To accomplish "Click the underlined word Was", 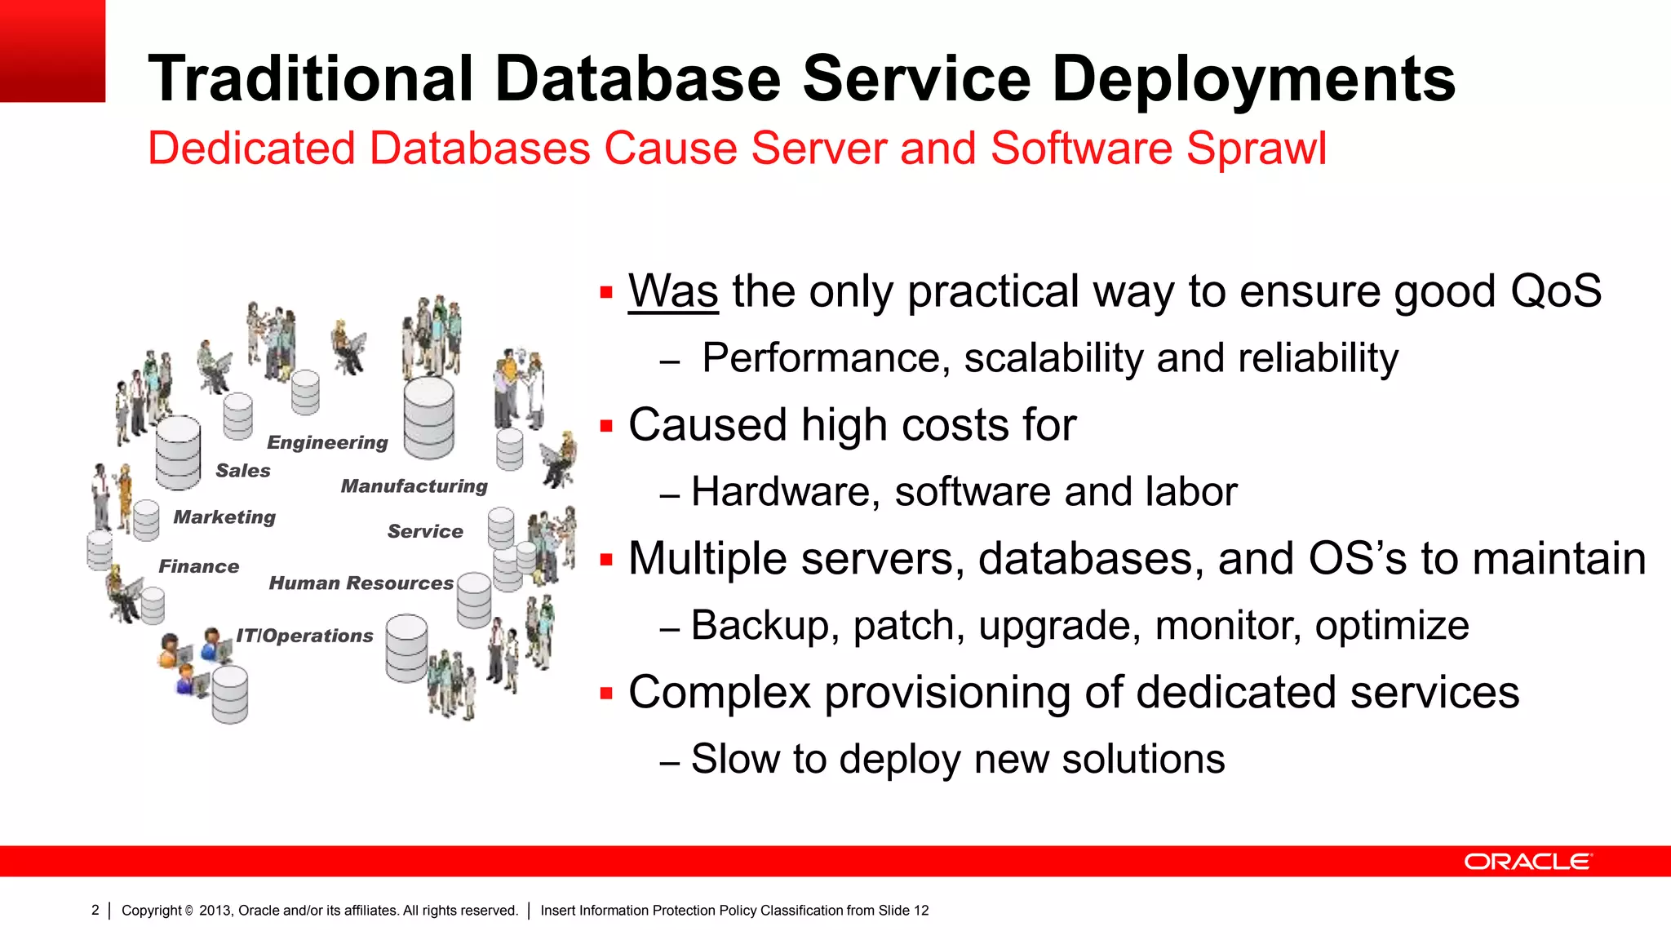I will tap(673, 292).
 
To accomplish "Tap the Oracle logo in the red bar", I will tap(1527, 862).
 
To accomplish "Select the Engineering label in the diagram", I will tap(327, 442).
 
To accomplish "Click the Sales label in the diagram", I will tap(243, 471).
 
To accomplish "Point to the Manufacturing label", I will tap(414, 486).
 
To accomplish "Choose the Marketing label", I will tap(224, 517).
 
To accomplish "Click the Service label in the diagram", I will tap(425, 532).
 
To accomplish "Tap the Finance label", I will tap(199, 566).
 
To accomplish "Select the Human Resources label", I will tap(361, 583).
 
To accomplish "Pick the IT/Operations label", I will tap(304, 636).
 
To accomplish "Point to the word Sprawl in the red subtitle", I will tap(1256, 149).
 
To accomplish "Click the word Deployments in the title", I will tap(1253, 79).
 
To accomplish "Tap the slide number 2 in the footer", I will tap(95, 910).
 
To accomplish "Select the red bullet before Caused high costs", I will tap(606, 426).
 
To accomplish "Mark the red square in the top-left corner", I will tap(52, 51).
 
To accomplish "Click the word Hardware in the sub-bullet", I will tap(786, 492).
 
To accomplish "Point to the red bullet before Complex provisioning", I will tap(606, 694).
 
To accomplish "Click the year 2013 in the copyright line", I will tap(215, 911).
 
